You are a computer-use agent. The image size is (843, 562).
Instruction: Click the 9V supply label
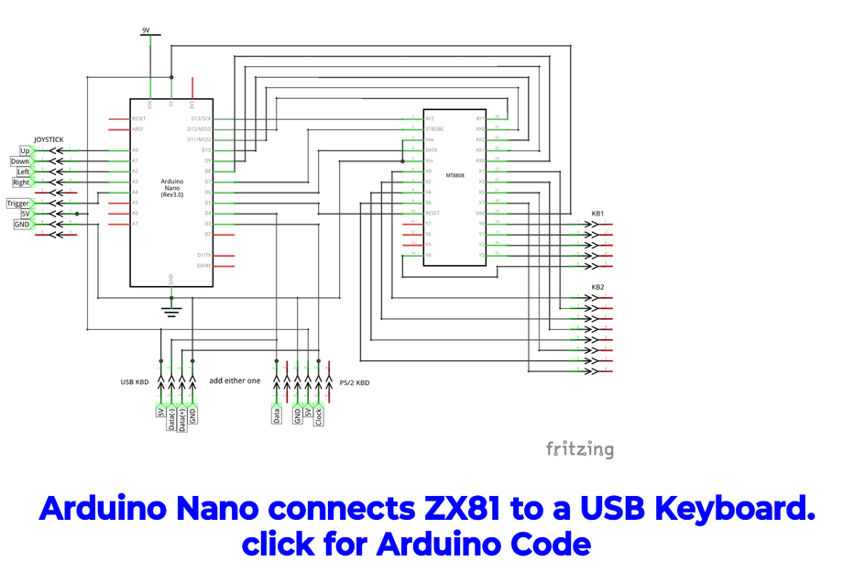click(x=146, y=30)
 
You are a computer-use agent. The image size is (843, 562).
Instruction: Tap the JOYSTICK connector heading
click(x=49, y=139)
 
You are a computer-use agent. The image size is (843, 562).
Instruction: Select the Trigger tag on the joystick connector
click(x=18, y=204)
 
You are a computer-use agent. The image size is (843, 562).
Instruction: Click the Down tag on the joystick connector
click(x=20, y=161)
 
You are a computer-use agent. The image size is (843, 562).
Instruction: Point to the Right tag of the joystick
click(x=21, y=182)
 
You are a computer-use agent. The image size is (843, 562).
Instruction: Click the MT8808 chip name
click(x=454, y=176)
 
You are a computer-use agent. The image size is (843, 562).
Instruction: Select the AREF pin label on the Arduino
click(x=138, y=129)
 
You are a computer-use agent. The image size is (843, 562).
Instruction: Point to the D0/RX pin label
click(x=203, y=266)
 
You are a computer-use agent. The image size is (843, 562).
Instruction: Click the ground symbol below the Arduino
click(x=171, y=311)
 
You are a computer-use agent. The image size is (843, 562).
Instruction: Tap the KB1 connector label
click(x=597, y=214)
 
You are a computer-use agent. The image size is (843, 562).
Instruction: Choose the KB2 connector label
click(x=597, y=287)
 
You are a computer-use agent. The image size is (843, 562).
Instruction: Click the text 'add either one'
click(x=235, y=380)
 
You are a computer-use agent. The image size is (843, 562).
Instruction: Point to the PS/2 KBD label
click(x=355, y=382)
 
